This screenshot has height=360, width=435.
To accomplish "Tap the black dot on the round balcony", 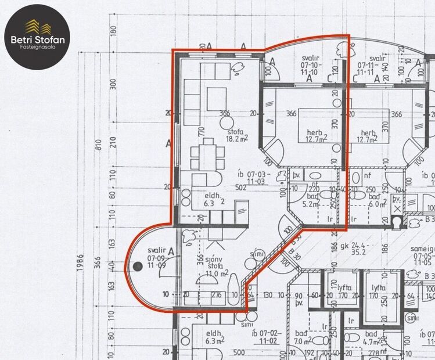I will click(x=138, y=266).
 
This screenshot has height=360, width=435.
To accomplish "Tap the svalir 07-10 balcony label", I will click(x=307, y=64).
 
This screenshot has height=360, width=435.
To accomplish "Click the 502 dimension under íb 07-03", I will click(x=242, y=187).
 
